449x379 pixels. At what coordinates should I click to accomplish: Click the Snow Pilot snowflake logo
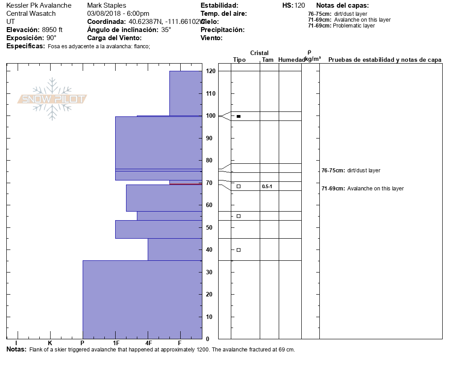pos(52,99)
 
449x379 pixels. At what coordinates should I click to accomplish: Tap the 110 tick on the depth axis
pos(210,94)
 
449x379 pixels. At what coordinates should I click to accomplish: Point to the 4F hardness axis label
pos(149,343)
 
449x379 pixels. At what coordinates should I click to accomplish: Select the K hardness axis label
pos(50,343)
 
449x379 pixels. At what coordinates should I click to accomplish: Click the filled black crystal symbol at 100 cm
pos(239,116)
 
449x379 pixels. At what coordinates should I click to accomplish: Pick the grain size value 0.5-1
pos(267,186)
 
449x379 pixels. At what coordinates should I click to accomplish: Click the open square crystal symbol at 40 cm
pos(239,250)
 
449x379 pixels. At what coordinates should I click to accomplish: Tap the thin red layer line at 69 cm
pos(186,184)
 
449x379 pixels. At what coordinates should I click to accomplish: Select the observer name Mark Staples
pos(107,5)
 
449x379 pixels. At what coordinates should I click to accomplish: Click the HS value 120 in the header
pos(299,5)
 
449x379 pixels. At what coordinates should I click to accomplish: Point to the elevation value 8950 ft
pos(52,30)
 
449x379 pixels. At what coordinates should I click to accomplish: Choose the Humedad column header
pos(291,60)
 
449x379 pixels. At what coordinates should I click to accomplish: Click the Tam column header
pos(268,60)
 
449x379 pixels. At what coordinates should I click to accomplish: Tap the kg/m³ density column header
pos(313,59)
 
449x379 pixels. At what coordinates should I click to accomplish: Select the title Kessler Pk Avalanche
pos(39,5)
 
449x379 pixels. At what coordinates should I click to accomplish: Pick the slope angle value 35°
pos(166,30)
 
